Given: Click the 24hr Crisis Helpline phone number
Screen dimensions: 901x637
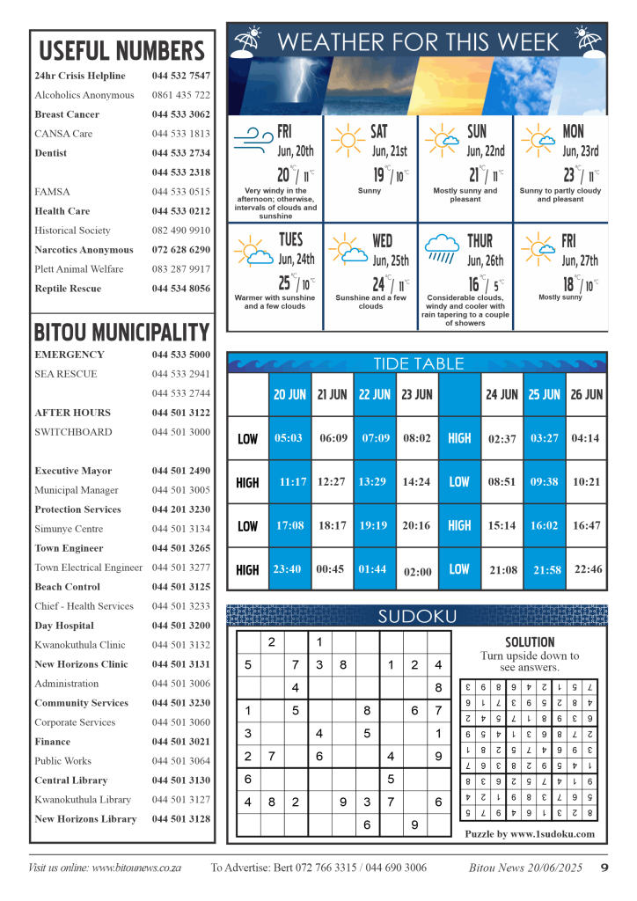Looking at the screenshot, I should [180, 76].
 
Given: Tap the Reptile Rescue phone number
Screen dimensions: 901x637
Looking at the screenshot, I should [180, 289].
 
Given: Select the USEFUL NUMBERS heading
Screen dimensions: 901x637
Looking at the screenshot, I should [121, 50].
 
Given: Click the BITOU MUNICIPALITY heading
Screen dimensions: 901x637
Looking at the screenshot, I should [121, 333].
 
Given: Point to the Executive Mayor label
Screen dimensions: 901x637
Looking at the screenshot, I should [73, 471].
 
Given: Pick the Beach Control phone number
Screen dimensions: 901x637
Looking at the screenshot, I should [180, 587].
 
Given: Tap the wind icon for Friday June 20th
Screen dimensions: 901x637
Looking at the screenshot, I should [253, 138].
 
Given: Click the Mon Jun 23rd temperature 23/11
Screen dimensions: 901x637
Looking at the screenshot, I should [582, 174].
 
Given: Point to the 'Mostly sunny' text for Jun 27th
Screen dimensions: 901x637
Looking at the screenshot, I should [560, 297].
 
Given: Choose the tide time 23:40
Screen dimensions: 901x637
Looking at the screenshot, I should [289, 569].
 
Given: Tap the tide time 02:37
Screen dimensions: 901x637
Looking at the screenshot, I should [502, 439].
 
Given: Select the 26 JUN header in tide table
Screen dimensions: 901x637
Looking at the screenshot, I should [586, 395].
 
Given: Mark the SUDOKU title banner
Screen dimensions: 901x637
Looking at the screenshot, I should [416, 616].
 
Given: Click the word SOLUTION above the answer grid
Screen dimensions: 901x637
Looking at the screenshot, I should [530, 642].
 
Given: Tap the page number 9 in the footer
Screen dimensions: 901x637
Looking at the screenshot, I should [604, 868].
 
